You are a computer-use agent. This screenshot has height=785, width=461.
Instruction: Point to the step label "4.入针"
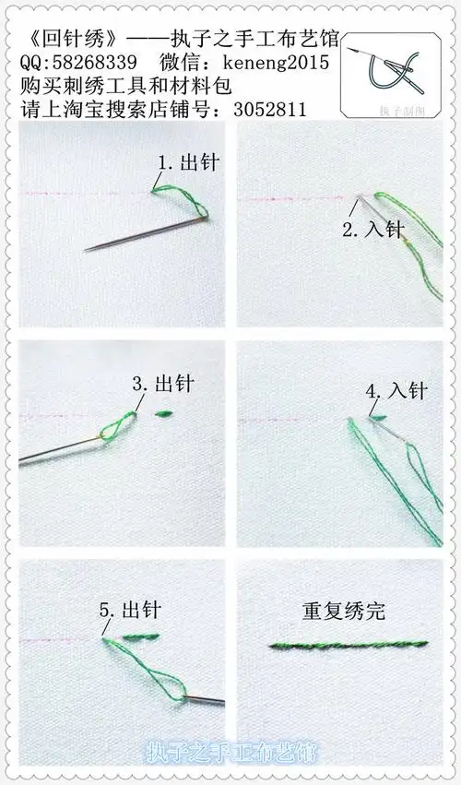396,391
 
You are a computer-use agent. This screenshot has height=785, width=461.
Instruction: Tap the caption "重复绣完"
343,611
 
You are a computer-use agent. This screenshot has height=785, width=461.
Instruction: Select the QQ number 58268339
98,63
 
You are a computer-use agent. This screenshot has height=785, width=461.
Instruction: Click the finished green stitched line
348,644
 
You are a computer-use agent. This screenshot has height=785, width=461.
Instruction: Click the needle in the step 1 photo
138,235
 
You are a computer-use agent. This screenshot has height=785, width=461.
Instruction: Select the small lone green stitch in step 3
167,414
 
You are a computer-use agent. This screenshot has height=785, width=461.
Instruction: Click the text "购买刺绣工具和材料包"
124,87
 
